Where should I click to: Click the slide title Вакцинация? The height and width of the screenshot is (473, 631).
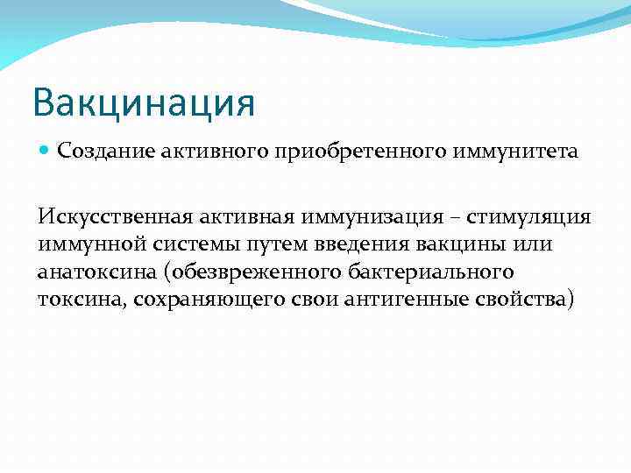tap(144, 103)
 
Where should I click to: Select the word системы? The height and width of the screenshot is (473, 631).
tap(184, 244)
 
